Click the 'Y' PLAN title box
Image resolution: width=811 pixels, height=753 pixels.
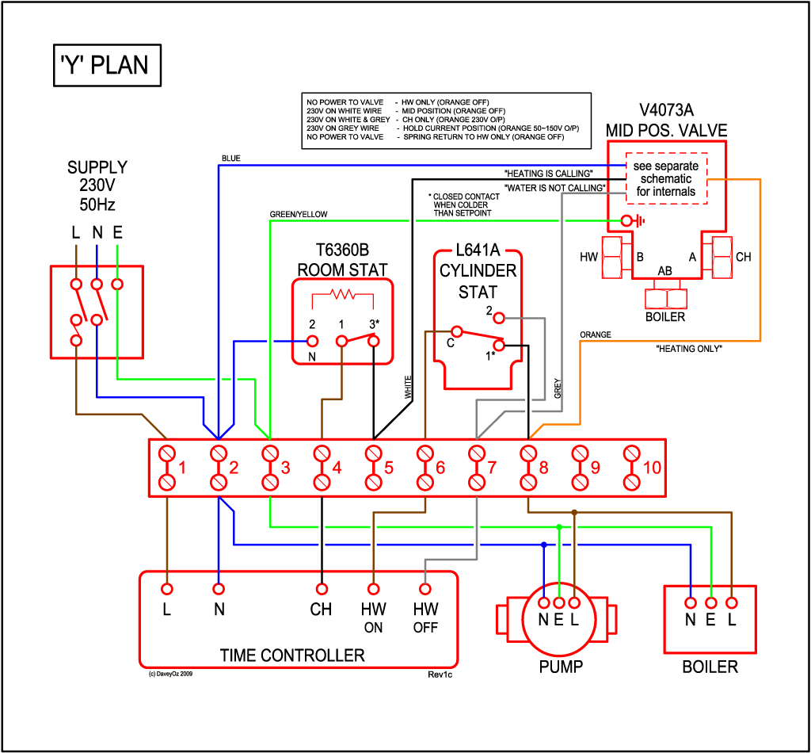click(x=105, y=64)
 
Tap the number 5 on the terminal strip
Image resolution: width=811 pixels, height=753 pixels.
click(x=389, y=468)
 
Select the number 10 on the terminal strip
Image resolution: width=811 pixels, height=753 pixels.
click(x=652, y=468)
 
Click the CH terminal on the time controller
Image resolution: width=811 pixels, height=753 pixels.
click(x=322, y=589)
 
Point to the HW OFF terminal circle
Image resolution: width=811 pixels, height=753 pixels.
click(x=425, y=589)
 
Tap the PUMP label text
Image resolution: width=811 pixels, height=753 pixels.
click(x=561, y=667)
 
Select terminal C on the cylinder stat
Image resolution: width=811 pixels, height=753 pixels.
click(x=456, y=331)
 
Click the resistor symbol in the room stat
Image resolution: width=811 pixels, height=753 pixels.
click(x=344, y=295)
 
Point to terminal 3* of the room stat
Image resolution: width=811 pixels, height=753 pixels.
click(x=374, y=341)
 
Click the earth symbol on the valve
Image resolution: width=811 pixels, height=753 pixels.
click(x=630, y=220)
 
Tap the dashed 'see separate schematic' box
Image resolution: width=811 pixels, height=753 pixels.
click(x=666, y=178)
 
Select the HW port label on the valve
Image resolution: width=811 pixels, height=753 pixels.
click(x=588, y=258)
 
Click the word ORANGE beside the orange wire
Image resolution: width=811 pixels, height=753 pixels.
click(x=595, y=335)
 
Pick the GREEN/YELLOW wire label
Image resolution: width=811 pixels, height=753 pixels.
click(x=298, y=215)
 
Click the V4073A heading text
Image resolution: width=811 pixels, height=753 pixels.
click(x=666, y=110)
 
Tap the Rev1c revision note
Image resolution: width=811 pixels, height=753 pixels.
click(x=439, y=675)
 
